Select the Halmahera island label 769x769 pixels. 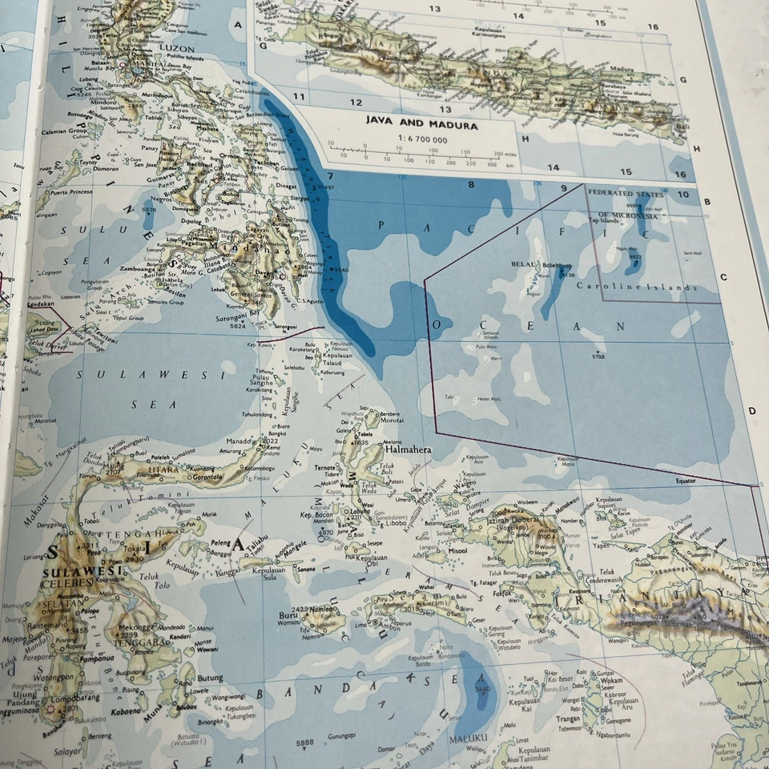click(x=409, y=449)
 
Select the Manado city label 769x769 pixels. click(x=241, y=441)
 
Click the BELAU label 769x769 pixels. click(x=522, y=264)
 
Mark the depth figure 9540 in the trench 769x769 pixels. click(x=343, y=270)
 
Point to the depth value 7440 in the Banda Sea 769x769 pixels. click(x=482, y=689)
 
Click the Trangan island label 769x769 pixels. click(x=568, y=719)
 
